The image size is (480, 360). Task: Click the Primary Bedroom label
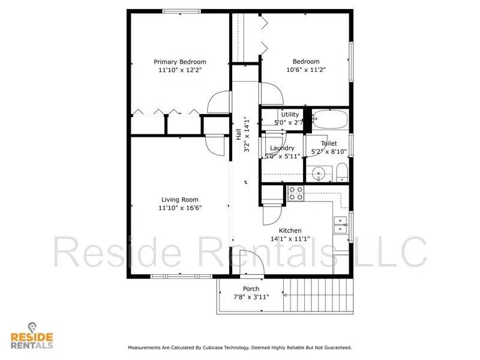(x=179, y=62)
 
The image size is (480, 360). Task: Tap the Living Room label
(x=179, y=200)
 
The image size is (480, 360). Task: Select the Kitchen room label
(x=290, y=230)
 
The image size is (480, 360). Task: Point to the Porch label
(x=251, y=289)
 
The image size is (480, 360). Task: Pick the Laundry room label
(x=282, y=148)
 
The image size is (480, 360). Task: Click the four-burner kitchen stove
(x=296, y=193)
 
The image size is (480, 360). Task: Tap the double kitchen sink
(x=341, y=224)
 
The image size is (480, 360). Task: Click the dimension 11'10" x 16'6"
(x=179, y=208)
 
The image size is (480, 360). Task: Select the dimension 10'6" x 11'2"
(x=305, y=70)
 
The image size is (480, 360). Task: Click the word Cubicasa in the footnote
(x=229, y=347)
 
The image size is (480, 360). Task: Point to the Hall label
(x=238, y=136)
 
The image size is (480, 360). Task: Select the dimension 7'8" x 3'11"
(x=251, y=296)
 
